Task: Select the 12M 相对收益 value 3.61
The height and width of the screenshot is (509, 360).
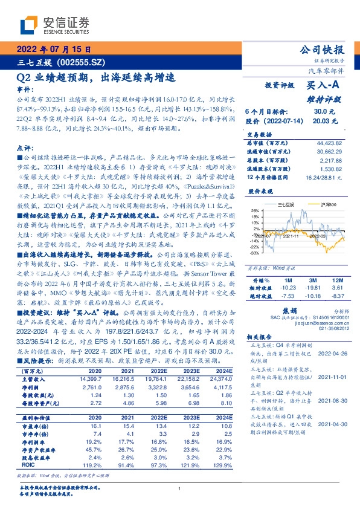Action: click(x=337, y=288)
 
